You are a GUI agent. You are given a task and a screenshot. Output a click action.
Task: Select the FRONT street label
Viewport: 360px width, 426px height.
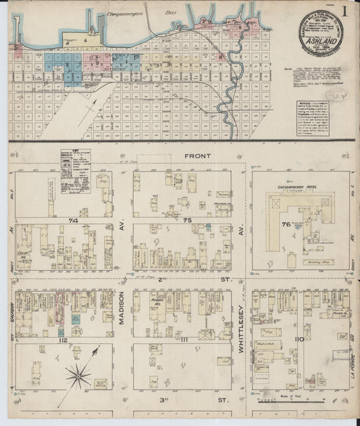click(x=200, y=156)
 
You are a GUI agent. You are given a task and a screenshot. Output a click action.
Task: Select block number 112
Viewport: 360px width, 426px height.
click(x=63, y=340)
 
